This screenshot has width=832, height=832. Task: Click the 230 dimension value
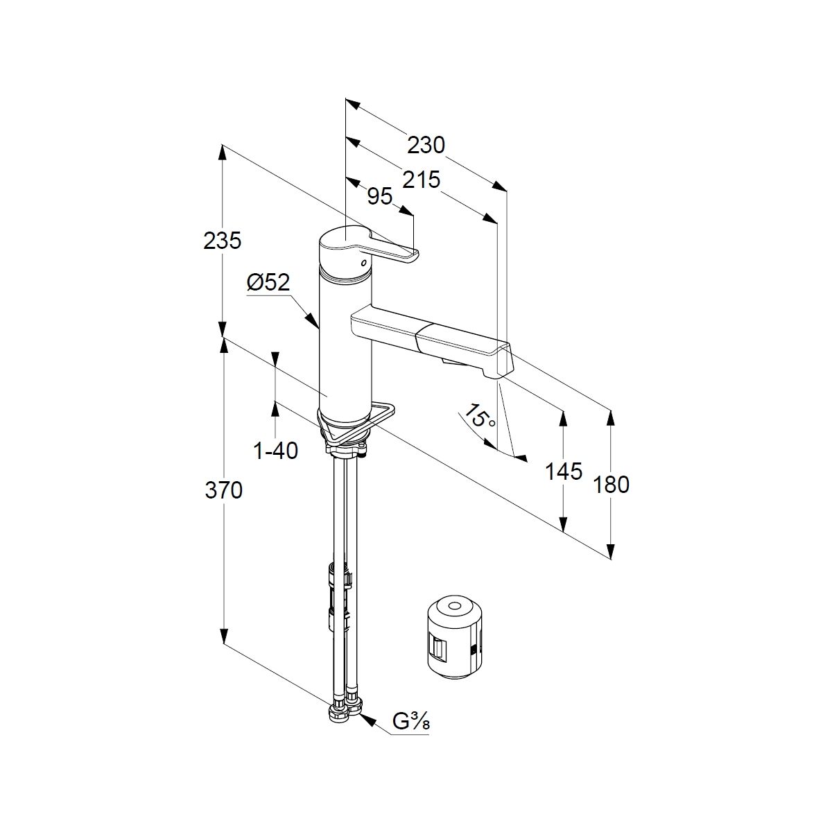(x=426, y=146)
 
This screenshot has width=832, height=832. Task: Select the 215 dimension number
(x=422, y=180)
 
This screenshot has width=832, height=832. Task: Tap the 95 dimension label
(x=379, y=197)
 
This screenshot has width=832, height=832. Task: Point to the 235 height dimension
(x=223, y=241)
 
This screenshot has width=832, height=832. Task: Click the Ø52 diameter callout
(x=268, y=282)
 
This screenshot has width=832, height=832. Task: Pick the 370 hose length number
(x=223, y=490)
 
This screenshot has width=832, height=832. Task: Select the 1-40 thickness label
(x=276, y=451)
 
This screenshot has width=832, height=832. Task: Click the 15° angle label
(x=480, y=417)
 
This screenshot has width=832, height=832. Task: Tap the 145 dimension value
(x=563, y=471)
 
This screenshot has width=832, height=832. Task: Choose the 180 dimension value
(x=612, y=484)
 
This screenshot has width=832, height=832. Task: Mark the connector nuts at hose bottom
(x=345, y=711)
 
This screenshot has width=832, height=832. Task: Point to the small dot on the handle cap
(x=361, y=263)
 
